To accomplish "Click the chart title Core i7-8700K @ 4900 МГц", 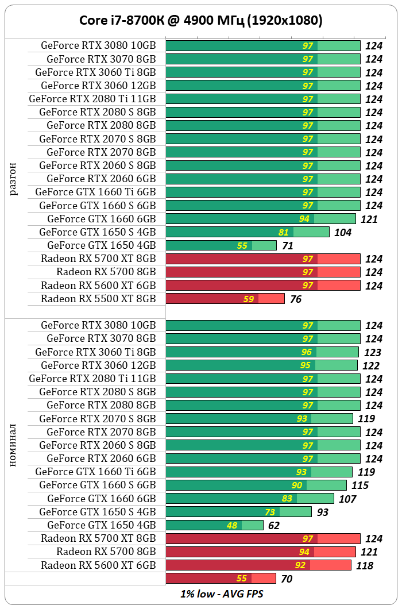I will [x=200, y=21].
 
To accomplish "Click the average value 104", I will [x=343, y=233].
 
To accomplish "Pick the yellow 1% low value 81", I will [x=283, y=232].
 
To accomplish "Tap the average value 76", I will [x=295, y=299].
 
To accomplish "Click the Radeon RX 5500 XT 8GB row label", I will [x=98, y=299].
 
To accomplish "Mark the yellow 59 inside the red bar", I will [x=248, y=299].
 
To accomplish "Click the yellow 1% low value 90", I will [x=297, y=485].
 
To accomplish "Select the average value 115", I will [x=360, y=485].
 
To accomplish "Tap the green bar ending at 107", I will [x=250, y=499].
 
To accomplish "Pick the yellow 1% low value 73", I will [x=270, y=512].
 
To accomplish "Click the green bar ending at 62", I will [x=214, y=525].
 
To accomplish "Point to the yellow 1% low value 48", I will [x=232, y=525].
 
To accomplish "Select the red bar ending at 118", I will [x=258, y=565].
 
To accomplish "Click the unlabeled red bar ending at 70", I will [x=221, y=579].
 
